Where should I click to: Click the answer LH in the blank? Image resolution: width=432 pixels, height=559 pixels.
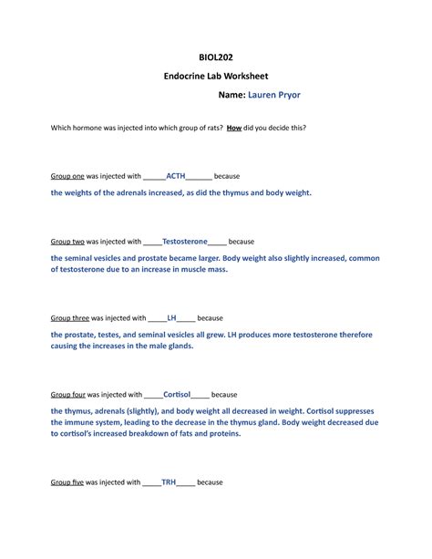(x=172, y=319)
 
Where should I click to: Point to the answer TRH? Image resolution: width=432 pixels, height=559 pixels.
(x=170, y=481)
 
